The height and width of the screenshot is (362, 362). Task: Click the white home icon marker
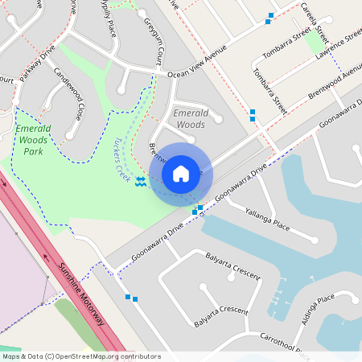[x=181, y=173]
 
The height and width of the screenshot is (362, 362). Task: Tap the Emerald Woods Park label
[x=33, y=140]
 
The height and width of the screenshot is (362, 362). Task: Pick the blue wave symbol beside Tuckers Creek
[x=141, y=182]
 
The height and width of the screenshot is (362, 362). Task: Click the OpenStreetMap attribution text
[x=80, y=356]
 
